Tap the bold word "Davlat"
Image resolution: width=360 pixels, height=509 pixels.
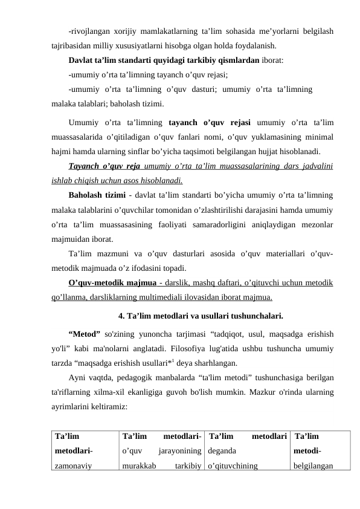click(x=83, y=60)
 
